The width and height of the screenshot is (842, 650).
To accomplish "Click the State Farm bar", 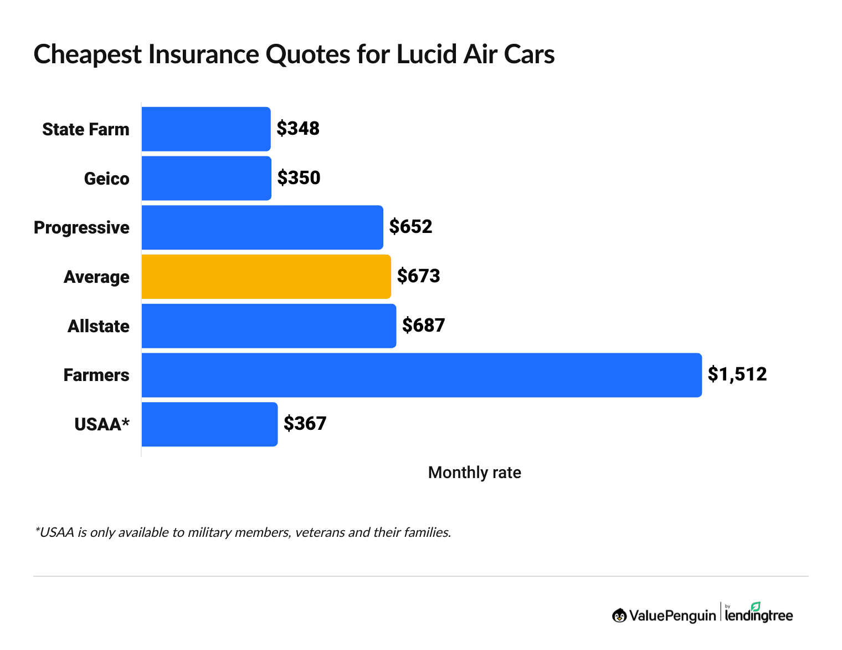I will coord(206,129).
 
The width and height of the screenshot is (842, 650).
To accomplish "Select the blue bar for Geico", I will coord(207,178).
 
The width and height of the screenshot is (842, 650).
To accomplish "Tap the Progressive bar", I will coord(262,227).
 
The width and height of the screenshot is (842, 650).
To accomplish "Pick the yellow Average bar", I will coord(266,276).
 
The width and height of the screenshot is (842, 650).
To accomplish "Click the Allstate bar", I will coord(269,326).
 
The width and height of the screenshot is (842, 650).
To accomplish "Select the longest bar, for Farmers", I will coord(421,375).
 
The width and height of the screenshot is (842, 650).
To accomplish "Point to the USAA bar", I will coord(209,424).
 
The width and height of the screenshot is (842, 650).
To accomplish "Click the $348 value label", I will coord(298,129).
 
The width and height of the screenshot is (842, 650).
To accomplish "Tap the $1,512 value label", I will coord(737,374).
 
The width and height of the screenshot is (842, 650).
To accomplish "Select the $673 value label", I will coord(418,276).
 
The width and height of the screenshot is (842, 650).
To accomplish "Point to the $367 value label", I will coord(305,424).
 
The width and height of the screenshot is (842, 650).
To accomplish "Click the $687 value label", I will coord(423,325).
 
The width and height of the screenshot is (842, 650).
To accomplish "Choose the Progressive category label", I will coord(81,227).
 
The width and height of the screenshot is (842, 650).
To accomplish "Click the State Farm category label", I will coord(86,129).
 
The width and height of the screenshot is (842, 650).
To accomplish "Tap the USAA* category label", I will coord(102,424).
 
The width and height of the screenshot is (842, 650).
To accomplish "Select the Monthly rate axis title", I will coord(474,473).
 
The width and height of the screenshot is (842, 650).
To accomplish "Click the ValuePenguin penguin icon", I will coord(619,615).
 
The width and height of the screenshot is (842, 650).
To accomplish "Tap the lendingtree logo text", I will coord(759,615).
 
